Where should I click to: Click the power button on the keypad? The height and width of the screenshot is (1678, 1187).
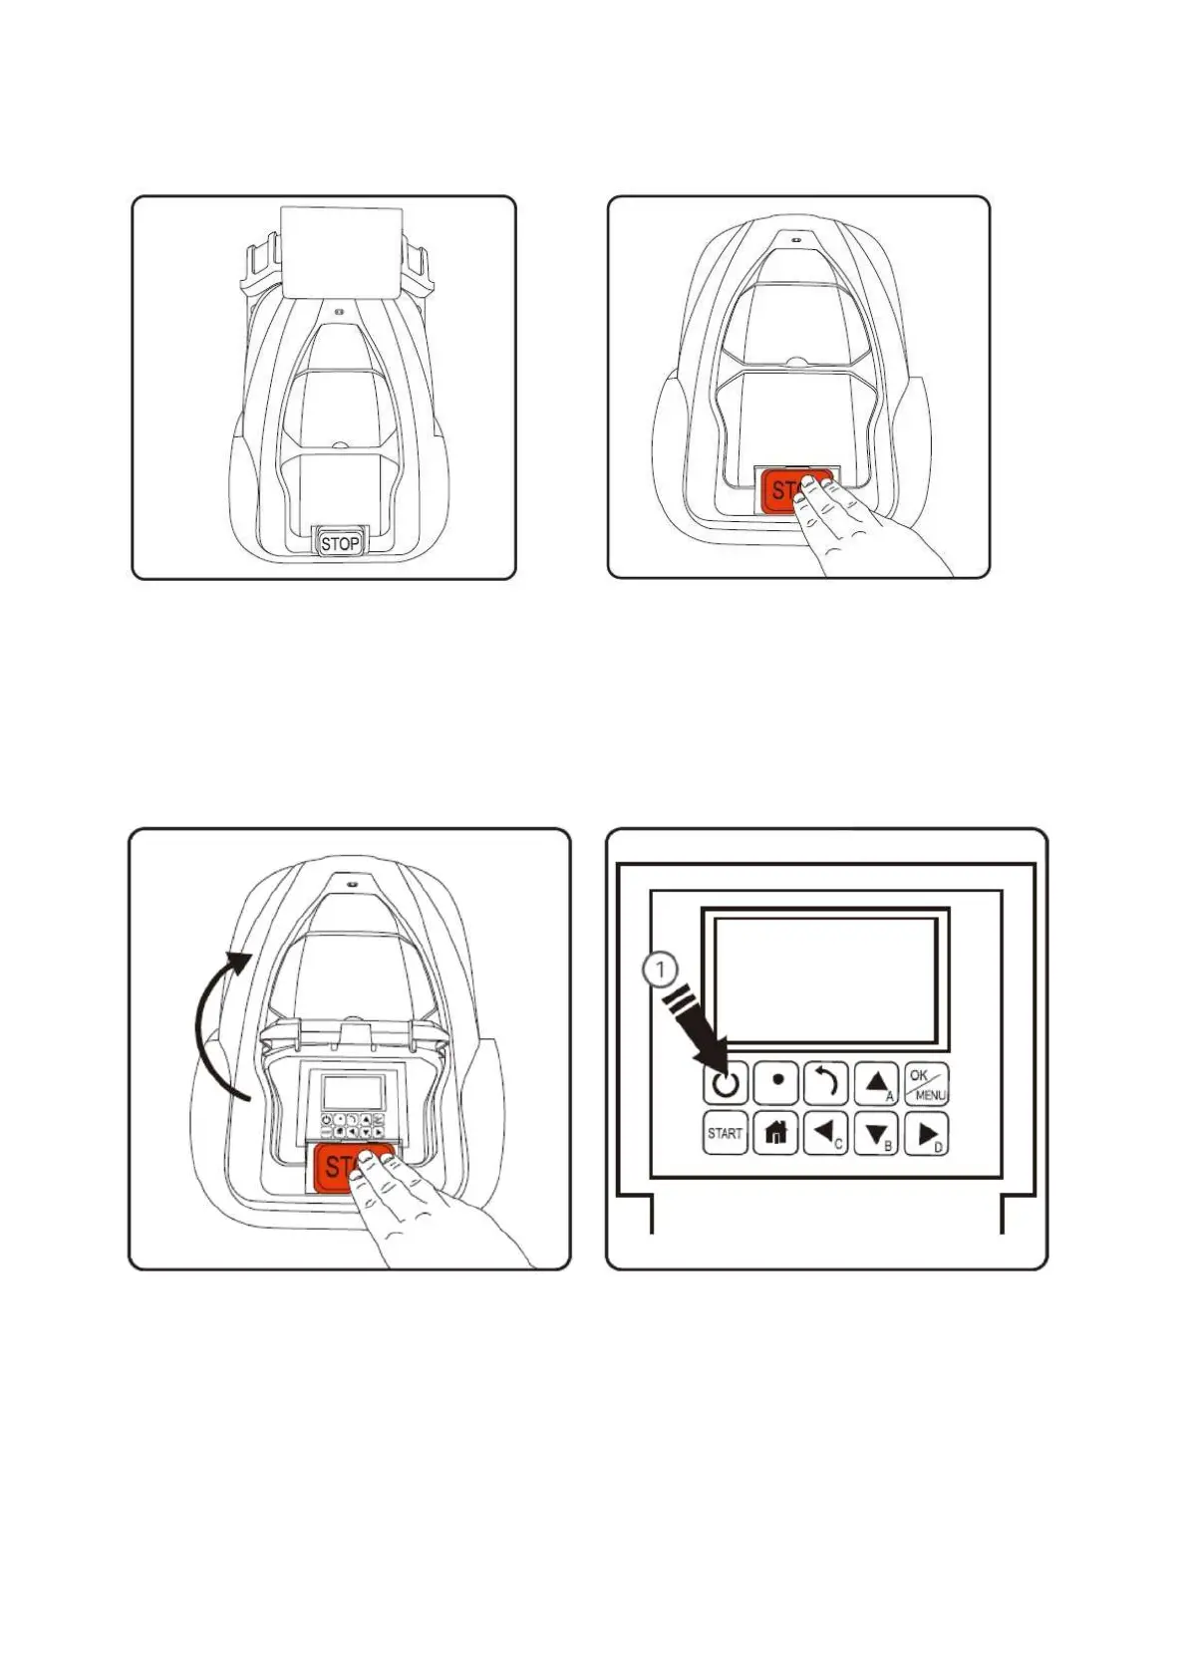[x=725, y=1083]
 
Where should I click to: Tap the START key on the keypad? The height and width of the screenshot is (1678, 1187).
[x=725, y=1133]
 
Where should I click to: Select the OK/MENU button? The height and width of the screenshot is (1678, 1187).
[x=926, y=1084]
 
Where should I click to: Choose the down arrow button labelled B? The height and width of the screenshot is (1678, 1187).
[x=876, y=1134]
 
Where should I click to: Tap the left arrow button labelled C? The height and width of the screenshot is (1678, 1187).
[x=825, y=1133]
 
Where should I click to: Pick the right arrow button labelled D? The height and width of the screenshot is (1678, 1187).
[x=926, y=1134]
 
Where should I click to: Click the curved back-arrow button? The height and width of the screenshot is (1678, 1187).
[x=825, y=1083]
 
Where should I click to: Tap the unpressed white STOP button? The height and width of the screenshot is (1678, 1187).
[x=340, y=543]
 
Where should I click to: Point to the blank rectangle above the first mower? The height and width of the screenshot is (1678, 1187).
[x=342, y=251]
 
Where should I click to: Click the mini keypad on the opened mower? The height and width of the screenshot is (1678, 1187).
[x=355, y=1126]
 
